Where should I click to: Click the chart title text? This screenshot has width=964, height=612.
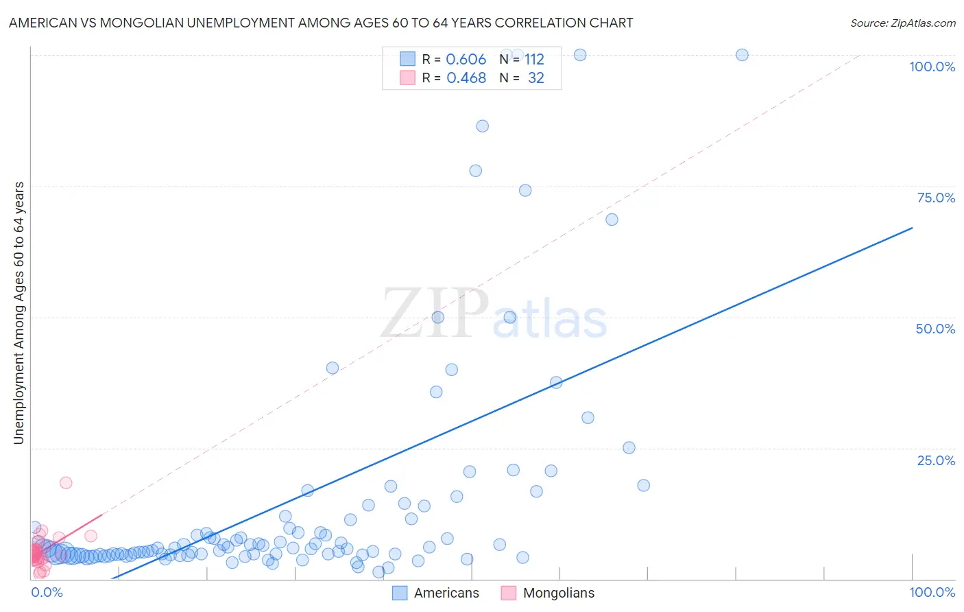(x=321, y=23)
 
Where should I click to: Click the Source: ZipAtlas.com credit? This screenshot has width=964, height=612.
(x=902, y=23)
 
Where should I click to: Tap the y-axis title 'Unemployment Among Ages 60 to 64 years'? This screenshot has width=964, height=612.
(x=19, y=313)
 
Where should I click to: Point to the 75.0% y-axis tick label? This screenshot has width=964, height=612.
(x=936, y=198)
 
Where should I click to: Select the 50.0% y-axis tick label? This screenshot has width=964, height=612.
(x=935, y=329)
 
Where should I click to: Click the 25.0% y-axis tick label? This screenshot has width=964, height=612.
(x=936, y=460)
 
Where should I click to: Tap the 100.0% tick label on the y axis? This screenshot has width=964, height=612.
(x=932, y=67)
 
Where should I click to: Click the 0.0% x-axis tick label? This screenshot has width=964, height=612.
(x=47, y=592)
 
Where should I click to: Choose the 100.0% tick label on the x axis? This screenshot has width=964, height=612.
(x=932, y=592)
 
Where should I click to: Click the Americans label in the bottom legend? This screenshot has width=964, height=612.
(x=446, y=593)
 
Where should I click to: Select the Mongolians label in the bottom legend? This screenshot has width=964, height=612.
(x=559, y=593)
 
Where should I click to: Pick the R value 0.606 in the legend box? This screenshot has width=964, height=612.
(x=466, y=60)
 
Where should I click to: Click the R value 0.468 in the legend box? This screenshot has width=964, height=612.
(x=466, y=78)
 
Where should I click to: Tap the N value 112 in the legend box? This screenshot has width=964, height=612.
(x=534, y=60)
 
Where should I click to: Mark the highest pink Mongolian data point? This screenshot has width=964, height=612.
(x=66, y=482)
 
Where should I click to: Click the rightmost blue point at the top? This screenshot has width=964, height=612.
(x=742, y=55)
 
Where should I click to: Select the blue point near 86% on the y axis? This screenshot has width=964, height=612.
(x=482, y=126)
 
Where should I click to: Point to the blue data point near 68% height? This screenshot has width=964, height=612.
(x=612, y=220)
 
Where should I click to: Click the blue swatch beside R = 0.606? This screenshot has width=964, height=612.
(x=407, y=59)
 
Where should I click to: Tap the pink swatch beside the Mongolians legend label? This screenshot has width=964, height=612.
(x=508, y=593)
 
